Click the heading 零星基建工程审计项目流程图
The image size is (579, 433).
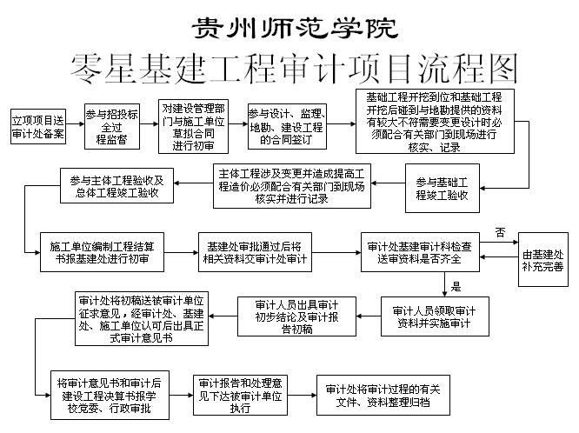(294, 69)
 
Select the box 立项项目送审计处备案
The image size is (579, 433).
(38, 126)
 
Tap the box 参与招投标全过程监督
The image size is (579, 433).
(112, 126)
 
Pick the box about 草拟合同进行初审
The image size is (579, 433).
(193, 126)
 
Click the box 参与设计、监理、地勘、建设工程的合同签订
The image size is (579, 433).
(287, 126)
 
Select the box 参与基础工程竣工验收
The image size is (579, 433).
(443, 188)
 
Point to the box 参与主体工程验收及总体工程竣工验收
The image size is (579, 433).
(116, 186)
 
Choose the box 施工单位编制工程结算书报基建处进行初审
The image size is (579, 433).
(102, 252)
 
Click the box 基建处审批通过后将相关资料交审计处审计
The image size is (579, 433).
(255, 252)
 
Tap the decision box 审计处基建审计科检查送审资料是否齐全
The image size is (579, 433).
(420, 252)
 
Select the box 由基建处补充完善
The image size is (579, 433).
(543, 259)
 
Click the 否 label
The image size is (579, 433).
(501, 232)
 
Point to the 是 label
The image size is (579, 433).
(456, 286)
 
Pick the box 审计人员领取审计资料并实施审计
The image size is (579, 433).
(435, 316)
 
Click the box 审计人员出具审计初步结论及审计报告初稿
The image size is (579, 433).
(296, 316)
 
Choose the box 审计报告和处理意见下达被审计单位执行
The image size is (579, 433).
(241, 396)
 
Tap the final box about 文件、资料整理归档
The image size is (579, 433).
(383, 396)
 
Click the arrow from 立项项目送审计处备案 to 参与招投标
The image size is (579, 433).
(76, 124)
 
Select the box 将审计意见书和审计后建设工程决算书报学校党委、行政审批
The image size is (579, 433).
(110, 396)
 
